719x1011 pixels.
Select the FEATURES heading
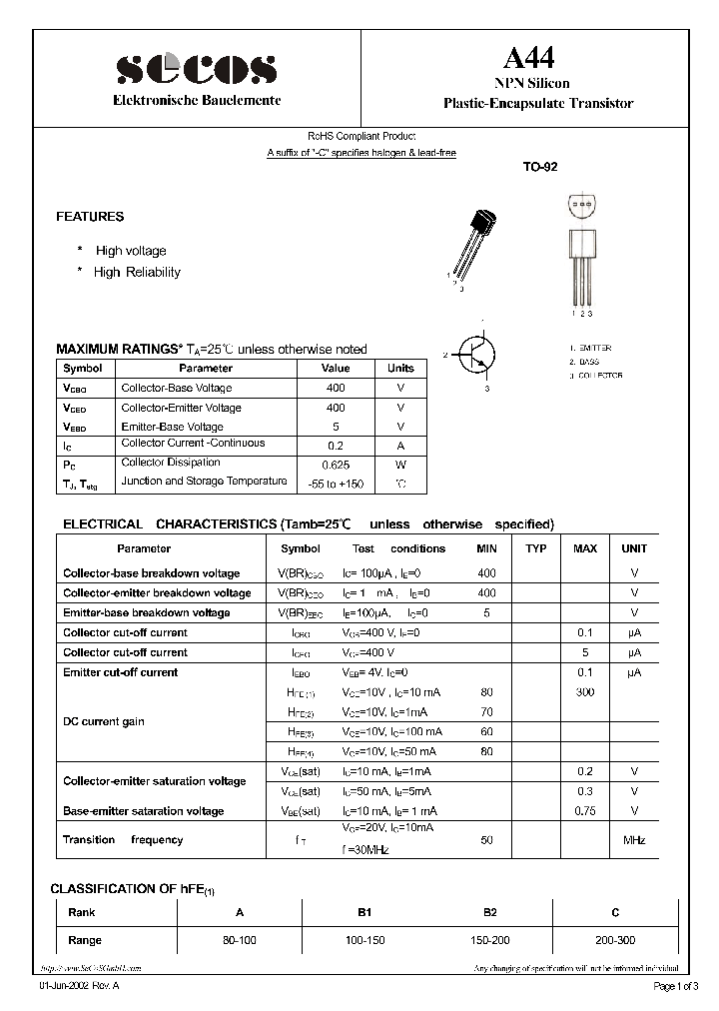tap(90, 217)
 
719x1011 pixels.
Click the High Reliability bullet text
tap(137, 272)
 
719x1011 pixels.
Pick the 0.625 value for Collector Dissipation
tap(336, 465)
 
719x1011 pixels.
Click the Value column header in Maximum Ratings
tap(336, 369)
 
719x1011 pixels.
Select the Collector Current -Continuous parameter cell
tap(193, 444)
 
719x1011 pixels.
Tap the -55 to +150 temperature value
tap(336, 484)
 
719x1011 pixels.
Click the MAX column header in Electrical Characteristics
tap(585, 548)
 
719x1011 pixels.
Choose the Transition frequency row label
tap(123, 840)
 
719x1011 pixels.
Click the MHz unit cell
tap(634, 840)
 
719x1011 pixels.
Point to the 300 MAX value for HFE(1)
tap(585, 691)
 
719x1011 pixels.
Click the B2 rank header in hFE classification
tap(490, 912)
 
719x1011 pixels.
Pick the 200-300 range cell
tap(615, 940)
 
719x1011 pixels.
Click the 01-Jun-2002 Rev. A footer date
tap(79, 987)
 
